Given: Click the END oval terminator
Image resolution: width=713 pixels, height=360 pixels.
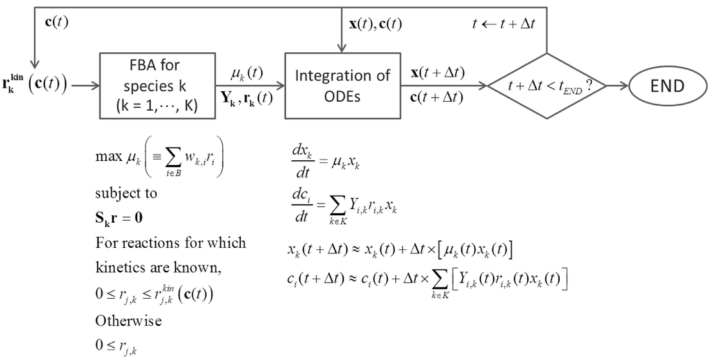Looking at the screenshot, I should pyautogui.click(x=668, y=86).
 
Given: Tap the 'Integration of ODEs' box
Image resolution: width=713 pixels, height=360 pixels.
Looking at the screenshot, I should pyautogui.click(x=343, y=86).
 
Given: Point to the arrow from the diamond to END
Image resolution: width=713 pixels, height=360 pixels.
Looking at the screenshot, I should pyautogui.click(x=616, y=86).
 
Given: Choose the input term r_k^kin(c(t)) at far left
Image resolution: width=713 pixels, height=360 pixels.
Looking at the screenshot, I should pyautogui.click(x=35, y=86).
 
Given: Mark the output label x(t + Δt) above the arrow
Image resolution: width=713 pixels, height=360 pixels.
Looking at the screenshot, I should pyautogui.click(x=438, y=73).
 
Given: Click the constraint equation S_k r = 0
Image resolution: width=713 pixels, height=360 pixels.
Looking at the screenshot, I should pyautogui.click(x=120, y=217).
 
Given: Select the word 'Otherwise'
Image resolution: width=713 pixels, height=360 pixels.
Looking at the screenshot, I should pyautogui.click(x=128, y=321).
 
